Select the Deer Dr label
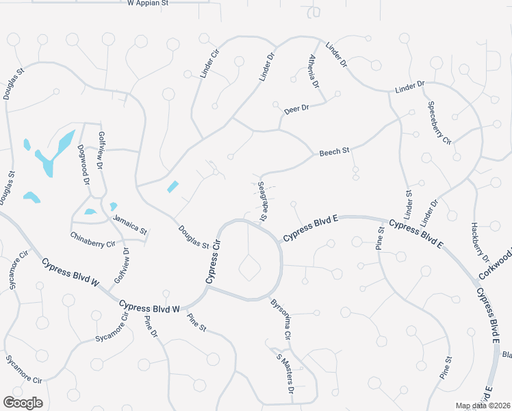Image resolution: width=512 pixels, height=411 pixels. tap(296, 108)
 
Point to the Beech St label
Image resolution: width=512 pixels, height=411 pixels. tap(335, 151)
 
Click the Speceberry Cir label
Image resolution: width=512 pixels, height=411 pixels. tap(439, 122)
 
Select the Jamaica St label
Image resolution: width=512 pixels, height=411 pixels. tap(130, 225)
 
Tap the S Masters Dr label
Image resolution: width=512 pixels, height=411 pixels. tap(285, 373)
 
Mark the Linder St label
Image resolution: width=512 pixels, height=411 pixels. tap(409, 203)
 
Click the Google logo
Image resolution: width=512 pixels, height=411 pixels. tap(23, 403)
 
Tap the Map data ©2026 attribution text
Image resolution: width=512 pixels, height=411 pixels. tap(483, 406)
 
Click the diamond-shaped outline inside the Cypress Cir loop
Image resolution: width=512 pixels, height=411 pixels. tap(249, 268)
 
